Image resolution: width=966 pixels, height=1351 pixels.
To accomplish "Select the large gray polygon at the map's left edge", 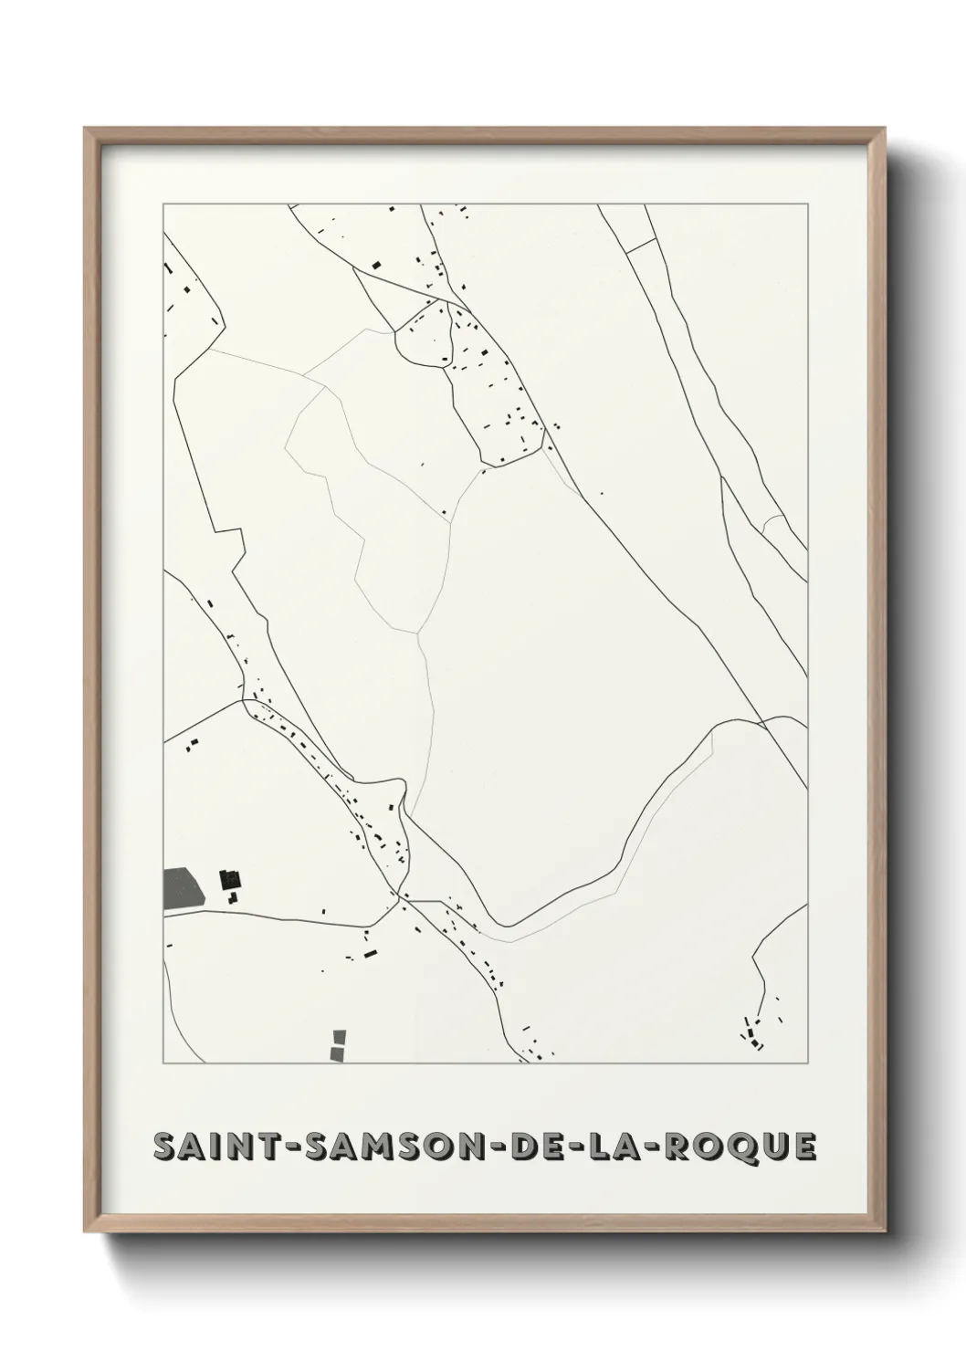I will pyautogui.click(x=181, y=888).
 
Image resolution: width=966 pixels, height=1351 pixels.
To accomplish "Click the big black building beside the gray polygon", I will pyautogui.click(x=229, y=881).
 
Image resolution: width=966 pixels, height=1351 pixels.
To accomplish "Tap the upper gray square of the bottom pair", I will pyautogui.click(x=340, y=1036).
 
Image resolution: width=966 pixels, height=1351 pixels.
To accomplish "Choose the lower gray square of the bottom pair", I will pyautogui.click(x=338, y=1053).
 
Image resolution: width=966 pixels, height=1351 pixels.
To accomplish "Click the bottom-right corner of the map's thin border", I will pyautogui.click(x=807, y=1063).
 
